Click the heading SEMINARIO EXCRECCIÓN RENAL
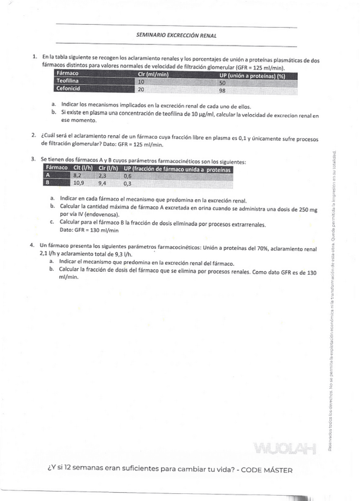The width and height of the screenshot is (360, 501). [176, 35]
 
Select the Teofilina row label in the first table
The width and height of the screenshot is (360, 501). [67, 82]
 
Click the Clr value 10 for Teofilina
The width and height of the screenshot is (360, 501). [141, 82]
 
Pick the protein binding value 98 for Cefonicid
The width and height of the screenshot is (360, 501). [222, 90]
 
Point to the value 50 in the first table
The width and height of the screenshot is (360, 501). [222, 83]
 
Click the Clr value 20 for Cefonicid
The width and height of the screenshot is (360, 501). [141, 90]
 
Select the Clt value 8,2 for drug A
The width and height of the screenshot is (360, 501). [77, 175]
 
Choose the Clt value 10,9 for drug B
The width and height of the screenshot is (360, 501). [78, 183]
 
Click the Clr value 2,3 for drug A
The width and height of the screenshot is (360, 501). [102, 175]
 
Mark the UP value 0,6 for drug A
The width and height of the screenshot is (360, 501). [127, 175]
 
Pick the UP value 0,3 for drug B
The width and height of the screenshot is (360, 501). [127, 183]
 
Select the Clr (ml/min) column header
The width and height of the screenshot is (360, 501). [153, 74]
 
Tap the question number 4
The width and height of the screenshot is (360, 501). [33, 244]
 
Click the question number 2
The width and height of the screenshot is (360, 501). [34, 135]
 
